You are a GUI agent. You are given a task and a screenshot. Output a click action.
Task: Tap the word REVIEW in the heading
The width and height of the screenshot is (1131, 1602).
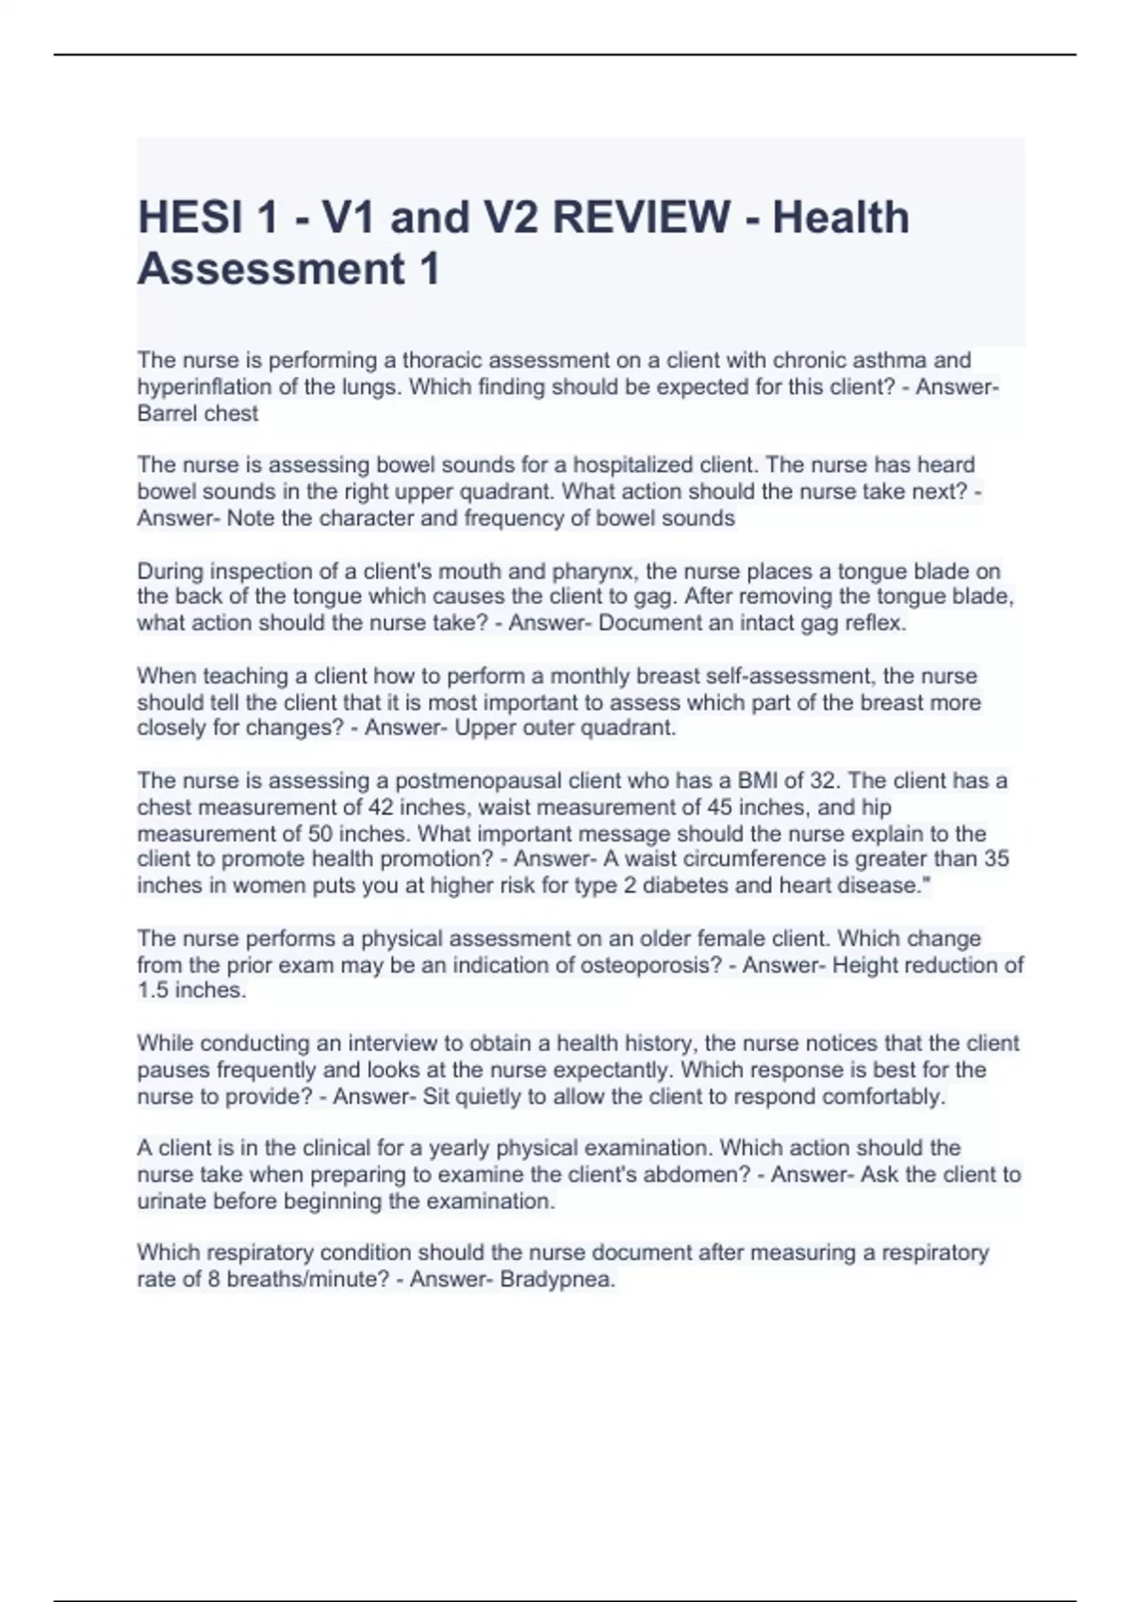(641, 218)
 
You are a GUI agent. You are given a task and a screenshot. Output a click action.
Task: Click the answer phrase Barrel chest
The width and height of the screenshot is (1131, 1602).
(197, 414)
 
